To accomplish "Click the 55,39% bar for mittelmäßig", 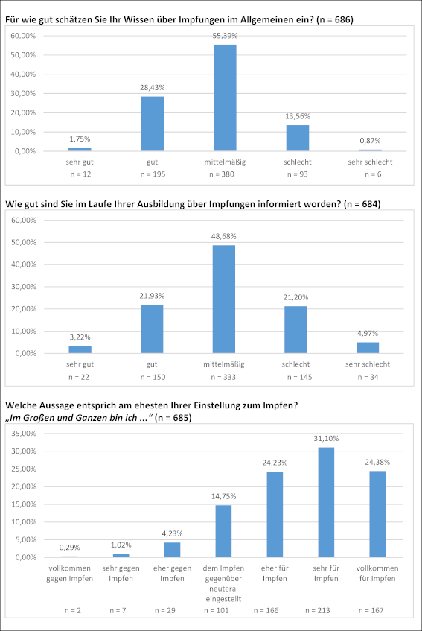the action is [225, 98].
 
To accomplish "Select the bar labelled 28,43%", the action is [153, 124].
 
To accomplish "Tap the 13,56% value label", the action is [298, 116].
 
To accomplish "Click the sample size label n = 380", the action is [222, 174].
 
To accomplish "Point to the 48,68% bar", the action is [224, 299].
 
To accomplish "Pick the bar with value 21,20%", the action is [295, 330].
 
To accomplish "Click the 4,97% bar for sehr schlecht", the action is [368, 348].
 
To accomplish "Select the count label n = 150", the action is [153, 377].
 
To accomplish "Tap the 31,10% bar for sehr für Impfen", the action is [326, 503].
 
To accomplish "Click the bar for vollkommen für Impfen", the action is [377, 514].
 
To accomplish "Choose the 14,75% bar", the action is [223, 531].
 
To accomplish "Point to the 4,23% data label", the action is [173, 533].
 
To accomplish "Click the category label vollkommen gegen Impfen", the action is [69, 574].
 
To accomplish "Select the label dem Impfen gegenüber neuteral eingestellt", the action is [223, 583].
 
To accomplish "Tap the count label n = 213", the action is [318, 610].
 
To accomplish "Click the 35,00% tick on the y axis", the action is [24, 434].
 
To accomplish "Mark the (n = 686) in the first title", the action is [335, 19].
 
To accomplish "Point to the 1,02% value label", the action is [121, 545].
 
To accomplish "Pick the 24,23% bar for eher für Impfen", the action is [275, 515].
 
